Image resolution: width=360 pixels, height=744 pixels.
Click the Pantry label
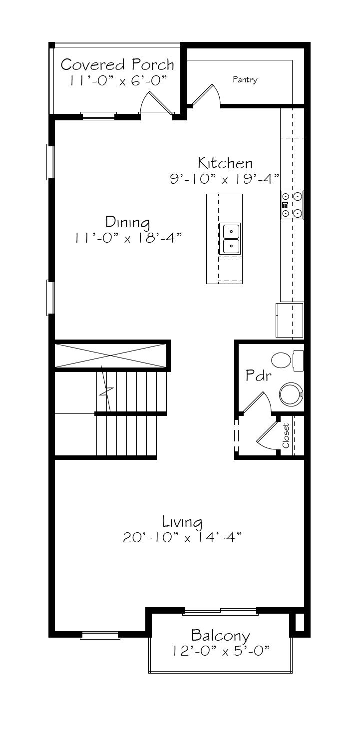click(x=245, y=80)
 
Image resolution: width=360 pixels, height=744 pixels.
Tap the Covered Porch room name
click(x=117, y=64)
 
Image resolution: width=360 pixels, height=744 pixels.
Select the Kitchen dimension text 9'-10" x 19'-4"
click(x=225, y=179)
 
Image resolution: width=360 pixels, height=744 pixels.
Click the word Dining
click(x=127, y=222)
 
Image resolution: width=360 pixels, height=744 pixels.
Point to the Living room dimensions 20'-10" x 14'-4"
click(x=182, y=537)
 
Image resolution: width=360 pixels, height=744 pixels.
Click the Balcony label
click(x=221, y=636)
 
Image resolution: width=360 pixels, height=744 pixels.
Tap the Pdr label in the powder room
click(x=258, y=375)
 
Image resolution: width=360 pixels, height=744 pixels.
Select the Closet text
click(x=286, y=435)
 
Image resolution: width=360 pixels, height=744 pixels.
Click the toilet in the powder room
click(x=288, y=361)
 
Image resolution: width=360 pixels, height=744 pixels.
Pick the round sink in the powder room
click(x=291, y=394)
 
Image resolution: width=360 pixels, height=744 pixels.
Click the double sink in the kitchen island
click(x=230, y=239)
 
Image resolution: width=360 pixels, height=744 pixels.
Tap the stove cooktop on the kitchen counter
click(x=292, y=205)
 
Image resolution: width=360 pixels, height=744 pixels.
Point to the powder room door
click(x=257, y=402)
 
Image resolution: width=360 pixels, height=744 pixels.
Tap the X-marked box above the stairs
click(x=110, y=356)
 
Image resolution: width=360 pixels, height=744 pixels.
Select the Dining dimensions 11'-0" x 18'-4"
click(x=128, y=238)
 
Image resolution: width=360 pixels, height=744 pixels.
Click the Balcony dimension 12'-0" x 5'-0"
click(x=221, y=651)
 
